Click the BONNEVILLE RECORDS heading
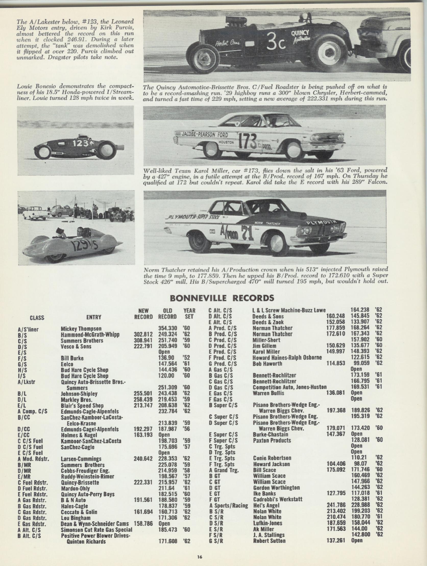[x=222, y=298]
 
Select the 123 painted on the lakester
[x=80, y=144]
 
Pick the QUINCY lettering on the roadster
[x=300, y=33]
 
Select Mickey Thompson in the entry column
[x=81, y=328]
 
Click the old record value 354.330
[x=167, y=328]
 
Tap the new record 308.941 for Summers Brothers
[x=143, y=341]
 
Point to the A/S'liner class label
[x=28, y=329]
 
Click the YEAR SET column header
[x=189, y=313]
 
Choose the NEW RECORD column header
[x=143, y=313]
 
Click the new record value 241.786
[x=336, y=505]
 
